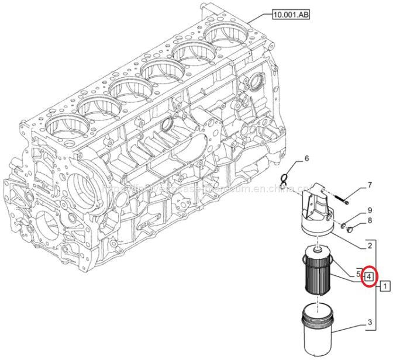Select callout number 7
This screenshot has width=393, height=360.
(369, 186)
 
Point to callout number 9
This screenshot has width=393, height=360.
(369, 210)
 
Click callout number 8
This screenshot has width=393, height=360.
(369, 221)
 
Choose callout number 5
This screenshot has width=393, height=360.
(357, 274)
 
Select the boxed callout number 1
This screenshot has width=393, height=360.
(384, 286)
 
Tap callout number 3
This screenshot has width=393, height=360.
(369, 322)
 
